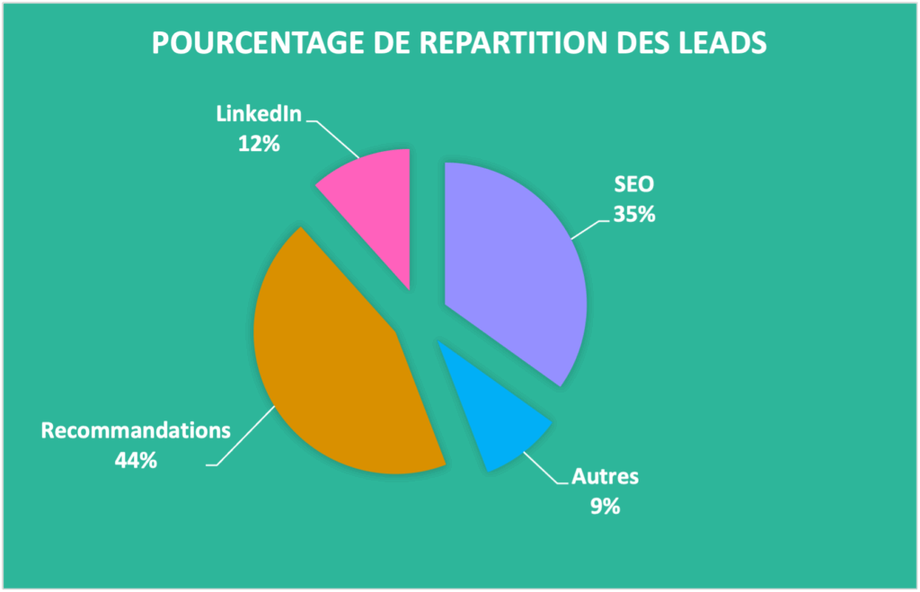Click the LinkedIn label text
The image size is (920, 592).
(258, 114)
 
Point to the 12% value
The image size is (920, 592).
(259, 142)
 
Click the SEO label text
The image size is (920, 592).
(633, 185)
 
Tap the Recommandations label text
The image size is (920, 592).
(136, 429)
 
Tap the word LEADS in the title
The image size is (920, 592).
(720, 43)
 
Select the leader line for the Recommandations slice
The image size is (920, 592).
(243, 440)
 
